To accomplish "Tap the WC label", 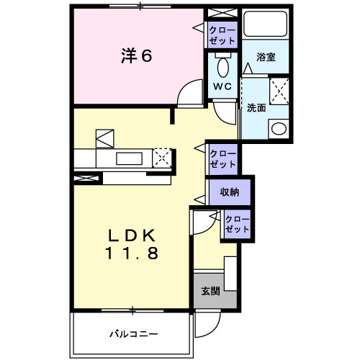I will point(221,86).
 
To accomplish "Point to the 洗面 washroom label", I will point(257,108).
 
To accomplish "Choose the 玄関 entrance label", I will point(210,291).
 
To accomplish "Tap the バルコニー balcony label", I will point(133,334).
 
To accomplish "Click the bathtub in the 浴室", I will point(266,25).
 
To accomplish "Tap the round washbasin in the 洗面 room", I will point(278,129).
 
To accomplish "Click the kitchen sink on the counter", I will point(130,158).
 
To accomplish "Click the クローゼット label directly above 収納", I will point(222,158).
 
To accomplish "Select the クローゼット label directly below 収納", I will point(236,224).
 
